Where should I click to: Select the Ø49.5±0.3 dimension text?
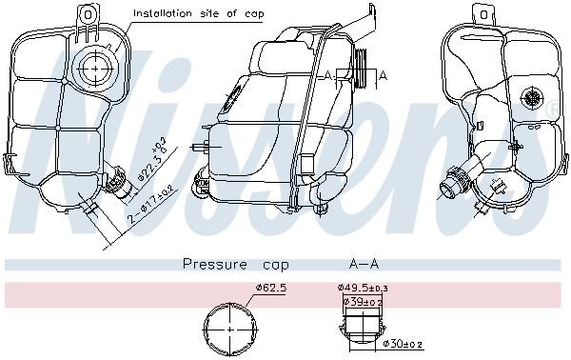[362, 288]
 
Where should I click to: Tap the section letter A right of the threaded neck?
[383, 73]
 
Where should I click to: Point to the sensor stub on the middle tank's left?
[200, 148]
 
